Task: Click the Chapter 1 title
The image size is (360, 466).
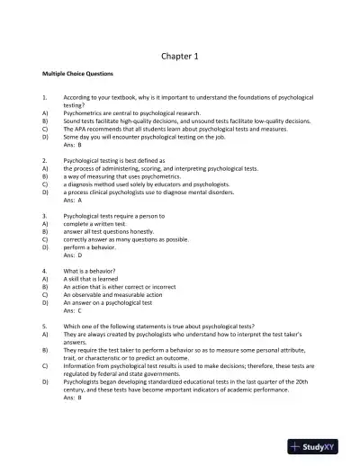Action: pos(179,56)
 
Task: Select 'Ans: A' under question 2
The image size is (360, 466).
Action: pos(73,200)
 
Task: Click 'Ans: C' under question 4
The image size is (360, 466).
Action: pos(73,309)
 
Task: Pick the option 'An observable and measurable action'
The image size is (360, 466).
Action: pos(112,294)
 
